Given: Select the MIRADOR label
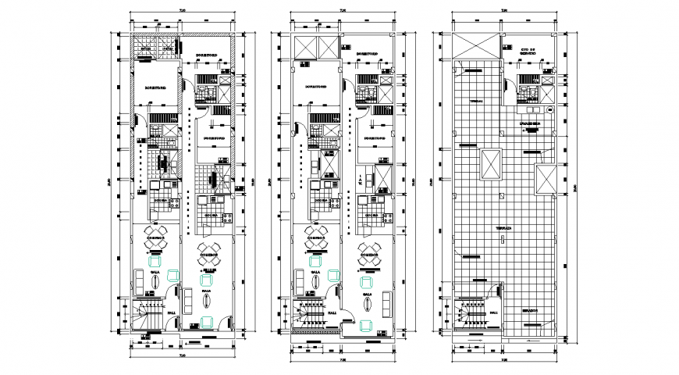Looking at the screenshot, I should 530,310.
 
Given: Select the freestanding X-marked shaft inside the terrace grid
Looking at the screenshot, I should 490,164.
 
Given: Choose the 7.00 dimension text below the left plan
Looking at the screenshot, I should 181,355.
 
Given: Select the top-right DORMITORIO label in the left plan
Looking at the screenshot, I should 207,54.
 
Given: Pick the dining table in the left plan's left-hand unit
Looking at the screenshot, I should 156,244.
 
